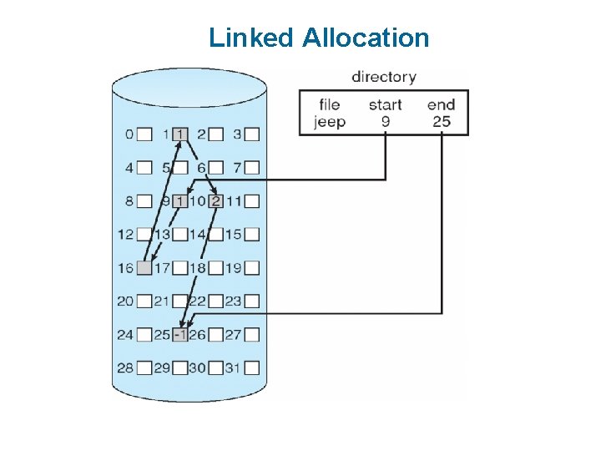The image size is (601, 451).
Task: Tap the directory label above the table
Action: tap(383, 77)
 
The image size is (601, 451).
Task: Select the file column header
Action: tap(330, 104)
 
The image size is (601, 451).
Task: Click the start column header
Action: tap(385, 104)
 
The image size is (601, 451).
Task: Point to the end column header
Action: tap(441, 104)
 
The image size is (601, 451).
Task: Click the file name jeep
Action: tap(330, 121)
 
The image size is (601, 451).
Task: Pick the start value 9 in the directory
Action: tap(385, 121)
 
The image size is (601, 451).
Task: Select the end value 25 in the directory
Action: tap(442, 121)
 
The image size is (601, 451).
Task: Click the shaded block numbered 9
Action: tap(181, 200)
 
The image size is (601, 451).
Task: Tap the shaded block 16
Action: tap(144, 268)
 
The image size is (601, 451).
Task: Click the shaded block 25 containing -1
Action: tap(181, 335)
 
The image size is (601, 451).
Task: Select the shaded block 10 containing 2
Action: tap(216, 200)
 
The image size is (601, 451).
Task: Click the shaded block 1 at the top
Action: tap(181, 134)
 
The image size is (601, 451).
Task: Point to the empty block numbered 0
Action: tap(144, 134)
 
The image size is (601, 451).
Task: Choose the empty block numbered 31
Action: tap(252, 367)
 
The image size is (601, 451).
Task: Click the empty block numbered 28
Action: tap(144, 367)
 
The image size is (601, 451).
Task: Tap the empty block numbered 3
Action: tap(252, 134)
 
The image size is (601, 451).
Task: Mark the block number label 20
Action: tap(125, 302)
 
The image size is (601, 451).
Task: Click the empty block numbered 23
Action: tap(252, 302)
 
